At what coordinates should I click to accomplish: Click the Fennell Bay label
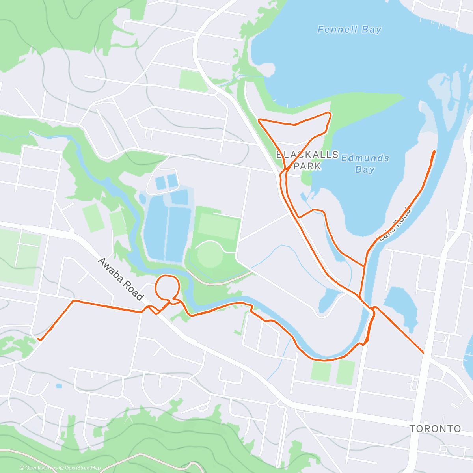click(x=349, y=30)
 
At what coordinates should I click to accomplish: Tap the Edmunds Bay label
click(x=365, y=164)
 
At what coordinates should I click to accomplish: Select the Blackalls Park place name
click(x=307, y=160)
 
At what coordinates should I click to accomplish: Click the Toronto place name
click(x=435, y=428)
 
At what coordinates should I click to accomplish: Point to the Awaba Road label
click(x=120, y=279)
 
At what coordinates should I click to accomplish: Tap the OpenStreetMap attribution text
click(x=83, y=468)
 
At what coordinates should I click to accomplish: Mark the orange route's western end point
click(x=38, y=339)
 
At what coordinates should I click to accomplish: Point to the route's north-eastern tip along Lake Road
click(x=435, y=151)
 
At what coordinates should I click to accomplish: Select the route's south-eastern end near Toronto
click(x=423, y=352)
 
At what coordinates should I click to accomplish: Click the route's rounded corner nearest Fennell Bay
click(x=330, y=114)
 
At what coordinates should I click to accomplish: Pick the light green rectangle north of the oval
click(x=219, y=226)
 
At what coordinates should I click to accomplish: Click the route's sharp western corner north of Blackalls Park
click(x=259, y=120)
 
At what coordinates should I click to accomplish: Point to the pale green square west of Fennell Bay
click(x=193, y=80)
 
